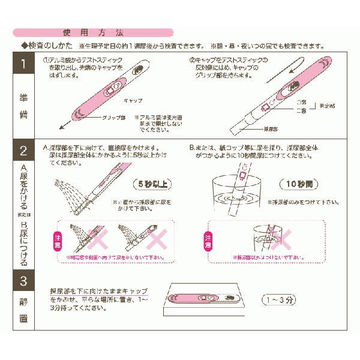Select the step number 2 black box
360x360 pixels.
(23, 151)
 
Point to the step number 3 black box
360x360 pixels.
(23, 280)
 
